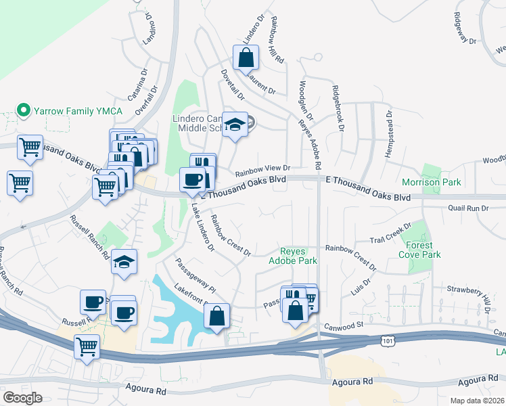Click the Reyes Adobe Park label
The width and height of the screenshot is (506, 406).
[293, 255]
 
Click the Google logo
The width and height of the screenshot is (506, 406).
[22, 397]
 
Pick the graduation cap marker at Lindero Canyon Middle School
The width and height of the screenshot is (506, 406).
[235, 125]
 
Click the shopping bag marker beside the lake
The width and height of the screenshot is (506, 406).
[216, 316]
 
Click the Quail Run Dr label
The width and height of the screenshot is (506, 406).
[467, 208]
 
